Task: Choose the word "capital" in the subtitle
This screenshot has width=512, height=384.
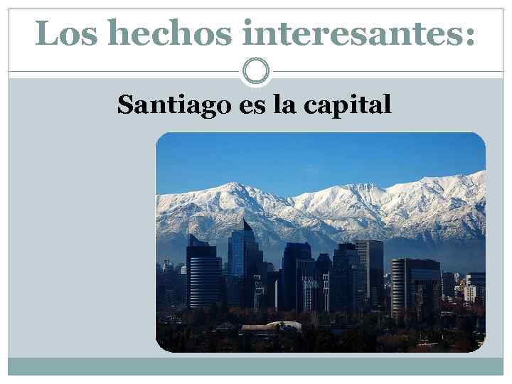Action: (x=348, y=105)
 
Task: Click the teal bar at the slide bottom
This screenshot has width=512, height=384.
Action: (x=255, y=366)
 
